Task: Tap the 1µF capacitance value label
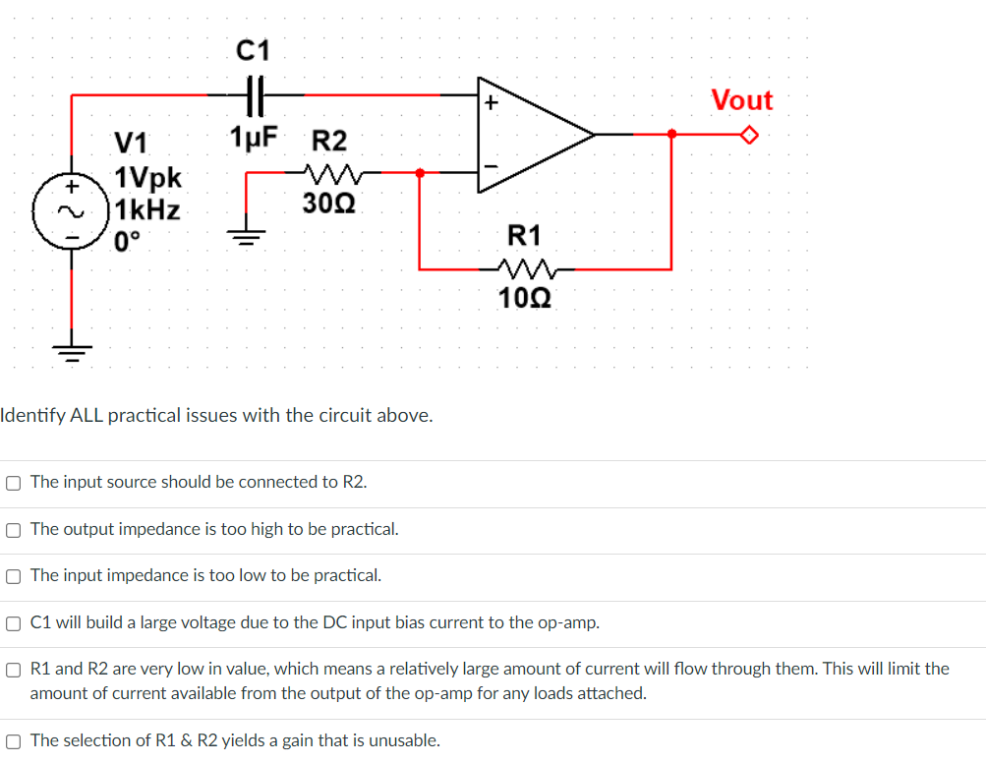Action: [254, 138]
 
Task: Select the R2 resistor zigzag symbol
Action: [330, 174]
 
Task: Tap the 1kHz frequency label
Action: [147, 209]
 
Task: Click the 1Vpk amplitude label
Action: [148, 178]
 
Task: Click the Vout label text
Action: [742, 100]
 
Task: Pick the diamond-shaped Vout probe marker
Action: [751, 135]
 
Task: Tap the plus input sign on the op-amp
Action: [491, 102]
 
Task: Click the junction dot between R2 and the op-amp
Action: [420, 173]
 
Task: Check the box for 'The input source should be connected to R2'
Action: [13, 483]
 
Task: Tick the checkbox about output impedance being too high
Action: [13, 530]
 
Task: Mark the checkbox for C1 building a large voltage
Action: [13, 622]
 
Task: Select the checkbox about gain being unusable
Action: [13, 741]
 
